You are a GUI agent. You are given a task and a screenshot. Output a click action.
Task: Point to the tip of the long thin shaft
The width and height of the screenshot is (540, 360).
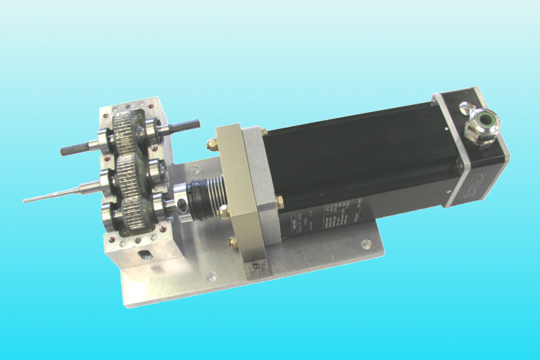click(x=25, y=200)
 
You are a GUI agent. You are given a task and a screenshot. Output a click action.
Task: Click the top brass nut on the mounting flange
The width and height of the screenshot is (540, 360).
click(x=211, y=144)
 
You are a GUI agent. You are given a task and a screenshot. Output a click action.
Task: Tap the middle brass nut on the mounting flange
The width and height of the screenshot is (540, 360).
click(x=223, y=211)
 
